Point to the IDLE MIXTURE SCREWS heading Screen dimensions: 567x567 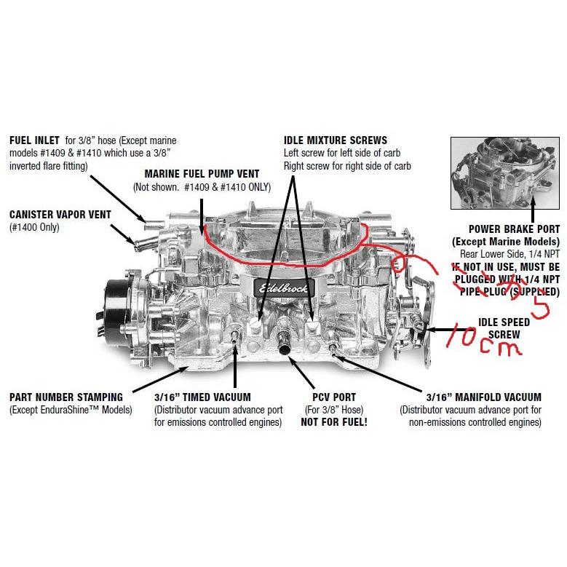(335, 140)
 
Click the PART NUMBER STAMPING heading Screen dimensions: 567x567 (66, 397)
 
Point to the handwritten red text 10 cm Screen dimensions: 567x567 (484, 341)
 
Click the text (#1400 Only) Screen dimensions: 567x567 (34, 227)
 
